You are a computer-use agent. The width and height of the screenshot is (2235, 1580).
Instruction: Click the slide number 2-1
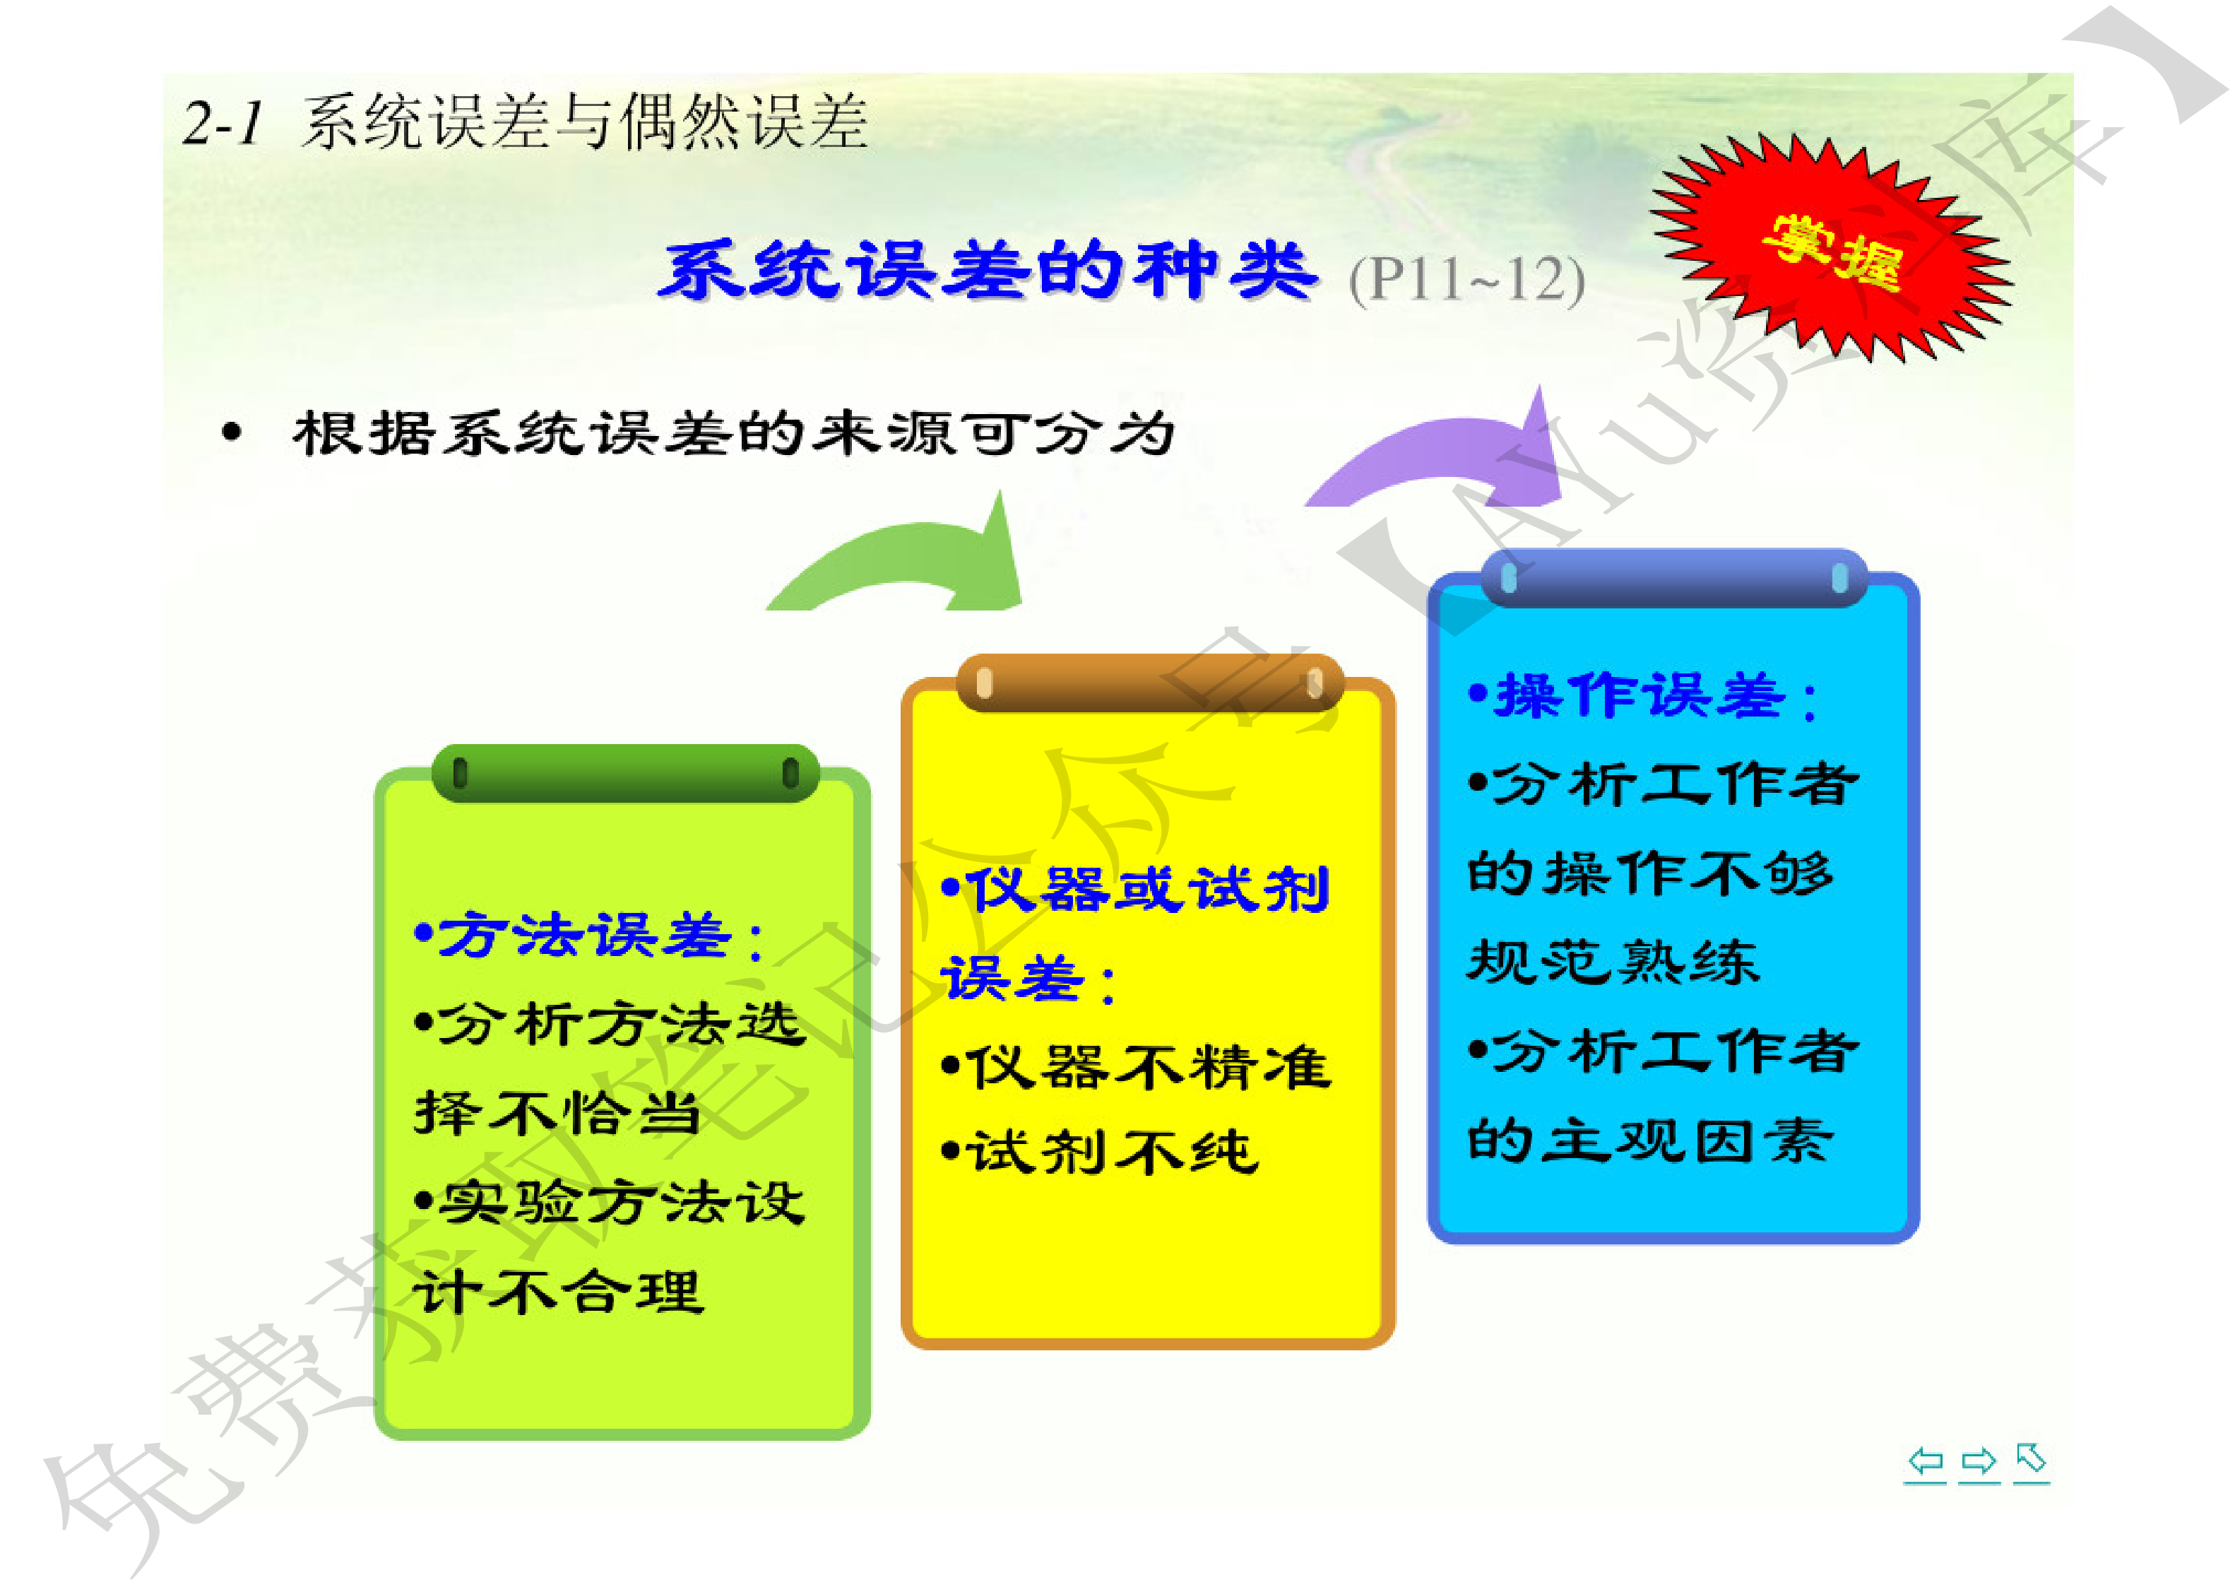pyautogui.click(x=223, y=124)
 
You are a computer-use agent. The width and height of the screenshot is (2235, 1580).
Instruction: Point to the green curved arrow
pyautogui.click(x=906, y=560)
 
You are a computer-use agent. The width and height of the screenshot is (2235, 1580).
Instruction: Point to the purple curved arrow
pyautogui.click(x=1441, y=453)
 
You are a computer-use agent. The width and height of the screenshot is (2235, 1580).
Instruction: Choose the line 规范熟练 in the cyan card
pyautogui.click(x=1613, y=962)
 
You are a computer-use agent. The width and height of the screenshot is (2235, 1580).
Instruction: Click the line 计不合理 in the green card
pyautogui.click(x=558, y=1293)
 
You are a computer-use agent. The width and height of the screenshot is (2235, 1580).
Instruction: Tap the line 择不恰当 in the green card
pyautogui.click(x=558, y=1113)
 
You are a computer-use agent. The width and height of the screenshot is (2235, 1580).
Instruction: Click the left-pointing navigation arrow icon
pyautogui.click(x=1924, y=1461)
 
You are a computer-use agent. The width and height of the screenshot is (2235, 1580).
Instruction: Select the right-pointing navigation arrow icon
pyautogui.click(x=1978, y=1461)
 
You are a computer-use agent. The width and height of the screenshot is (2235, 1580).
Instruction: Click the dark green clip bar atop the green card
pyautogui.click(x=625, y=773)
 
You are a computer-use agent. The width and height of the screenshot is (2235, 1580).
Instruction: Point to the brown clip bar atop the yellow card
pyautogui.click(x=1149, y=683)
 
